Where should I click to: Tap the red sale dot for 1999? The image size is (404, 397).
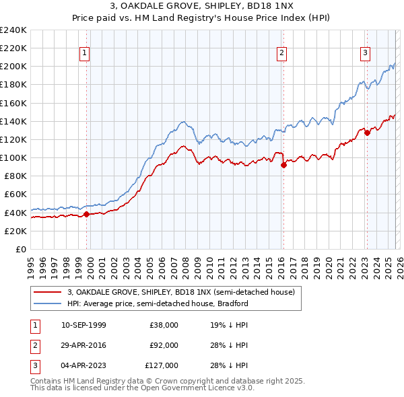(86, 215)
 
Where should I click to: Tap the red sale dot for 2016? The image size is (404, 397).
(283, 165)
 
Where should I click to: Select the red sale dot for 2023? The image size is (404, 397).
(367, 133)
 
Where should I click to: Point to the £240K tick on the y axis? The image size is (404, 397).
(13, 30)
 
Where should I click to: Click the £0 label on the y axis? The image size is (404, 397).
(20, 249)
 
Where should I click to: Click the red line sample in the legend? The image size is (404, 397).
(47, 293)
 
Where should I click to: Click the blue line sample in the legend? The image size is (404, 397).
(47, 303)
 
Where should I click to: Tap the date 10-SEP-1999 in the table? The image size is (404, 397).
(83, 325)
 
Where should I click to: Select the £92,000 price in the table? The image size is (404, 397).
(164, 345)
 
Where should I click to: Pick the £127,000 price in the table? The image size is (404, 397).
(162, 365)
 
